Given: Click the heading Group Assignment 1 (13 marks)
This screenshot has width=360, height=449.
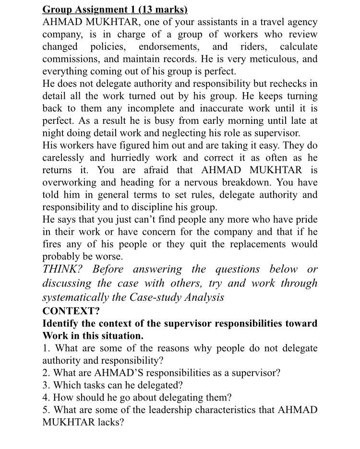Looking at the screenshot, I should coord(115,10).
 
